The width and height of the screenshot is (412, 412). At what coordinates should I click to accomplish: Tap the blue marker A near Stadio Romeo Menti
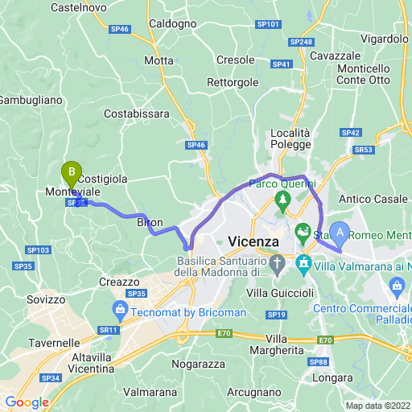click(x=340, y=233)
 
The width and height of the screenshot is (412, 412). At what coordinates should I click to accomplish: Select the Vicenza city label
click(x=253, y=241)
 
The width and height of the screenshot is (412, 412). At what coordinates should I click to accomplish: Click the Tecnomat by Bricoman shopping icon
click(x=120, y=309)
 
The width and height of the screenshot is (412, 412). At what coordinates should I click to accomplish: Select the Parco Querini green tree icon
click(x=282, y=199)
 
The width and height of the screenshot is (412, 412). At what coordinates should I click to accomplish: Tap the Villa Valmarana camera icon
click(x=304, y=263)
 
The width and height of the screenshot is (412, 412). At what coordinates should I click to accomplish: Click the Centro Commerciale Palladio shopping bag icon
click(x=397, y=286)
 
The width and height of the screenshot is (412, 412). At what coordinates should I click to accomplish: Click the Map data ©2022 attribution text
click(x=377, y=406)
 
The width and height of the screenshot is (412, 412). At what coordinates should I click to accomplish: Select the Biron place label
click(x=150, y=222)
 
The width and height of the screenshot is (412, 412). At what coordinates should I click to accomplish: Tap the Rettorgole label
click(x=233, y=82)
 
